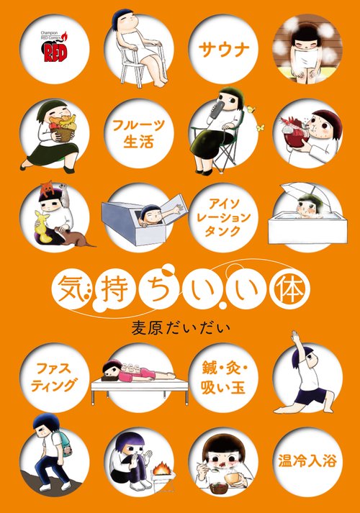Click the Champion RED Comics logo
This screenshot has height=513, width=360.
point(54,47)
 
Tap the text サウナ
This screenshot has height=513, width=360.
point(224,50)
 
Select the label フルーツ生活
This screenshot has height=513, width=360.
point(138,134)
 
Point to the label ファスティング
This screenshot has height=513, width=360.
point(54,377)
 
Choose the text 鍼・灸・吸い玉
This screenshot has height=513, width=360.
point(224,378)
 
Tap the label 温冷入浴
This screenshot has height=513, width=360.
point(307,461)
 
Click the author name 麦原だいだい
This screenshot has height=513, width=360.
point(181,329)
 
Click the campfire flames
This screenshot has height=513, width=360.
point(162,470)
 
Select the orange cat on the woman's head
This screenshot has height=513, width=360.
point(47,188)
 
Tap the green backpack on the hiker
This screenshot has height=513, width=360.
point(63,442)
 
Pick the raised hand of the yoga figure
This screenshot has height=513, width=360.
point(295,336)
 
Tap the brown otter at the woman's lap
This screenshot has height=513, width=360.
point(75,236)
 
